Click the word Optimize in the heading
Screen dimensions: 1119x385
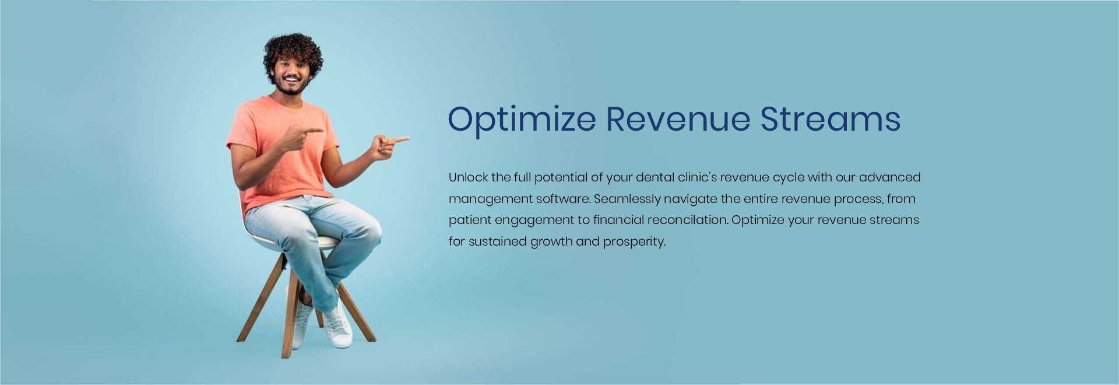click(x=522, y=120)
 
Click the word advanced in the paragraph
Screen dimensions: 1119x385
click(x=889, y=177)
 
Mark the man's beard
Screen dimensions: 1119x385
click(x=292, y=86)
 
